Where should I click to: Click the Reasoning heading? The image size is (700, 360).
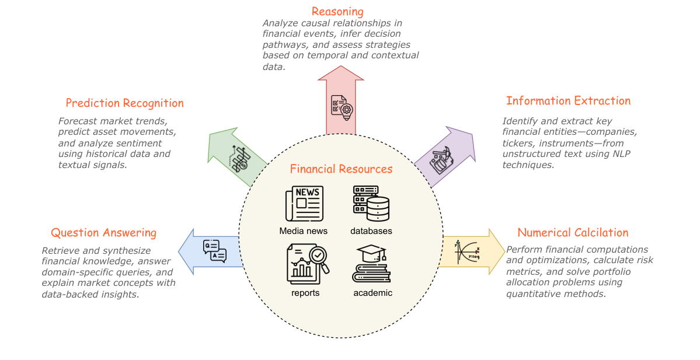click(337, 11)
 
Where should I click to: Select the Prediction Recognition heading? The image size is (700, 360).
click(124, 103)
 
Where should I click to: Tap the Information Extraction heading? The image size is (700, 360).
click(568, 101)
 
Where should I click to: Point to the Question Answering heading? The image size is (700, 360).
click(103, 232)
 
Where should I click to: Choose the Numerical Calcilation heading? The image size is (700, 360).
click(573, 232)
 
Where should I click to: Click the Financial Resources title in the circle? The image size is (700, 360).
click(341, 169)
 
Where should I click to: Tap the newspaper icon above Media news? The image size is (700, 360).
click(304, 204)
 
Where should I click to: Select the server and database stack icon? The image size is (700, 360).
click(371, 204)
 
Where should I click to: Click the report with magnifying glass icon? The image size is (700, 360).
click(308, 264)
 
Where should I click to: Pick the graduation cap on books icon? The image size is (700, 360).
click(371, 264)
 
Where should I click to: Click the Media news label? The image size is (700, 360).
click(303, 231)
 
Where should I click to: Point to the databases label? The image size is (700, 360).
click(371, 231)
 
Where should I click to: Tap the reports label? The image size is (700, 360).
click(305, 293)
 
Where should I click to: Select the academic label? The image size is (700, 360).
click(372, 293)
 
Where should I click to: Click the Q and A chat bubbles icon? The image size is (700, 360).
click(215, 251)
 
